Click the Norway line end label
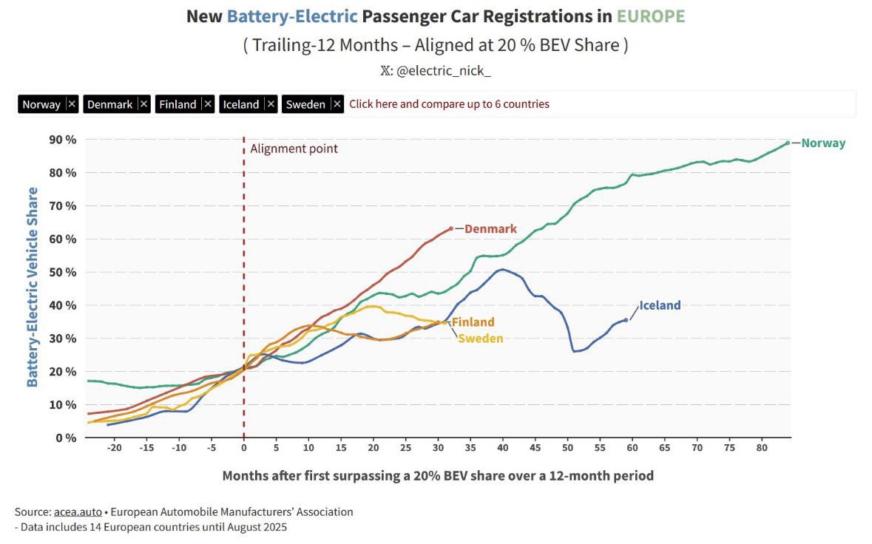[x=823, y=143]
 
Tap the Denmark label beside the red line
[x=490, y=229]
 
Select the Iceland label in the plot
[x=660, y=305]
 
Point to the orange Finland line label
[x=473, y=322]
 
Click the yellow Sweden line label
[x=481, y=339]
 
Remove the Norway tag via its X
[x=71, y=104]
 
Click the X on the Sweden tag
[x=337, y=104]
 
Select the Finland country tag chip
[x=178, y=104]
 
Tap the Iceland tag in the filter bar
[x=241, y=104]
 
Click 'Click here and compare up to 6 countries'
[x=449, y=104]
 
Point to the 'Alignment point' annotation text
[x=294, y=149]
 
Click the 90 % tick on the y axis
[x=62, y=140]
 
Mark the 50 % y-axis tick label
[x=62, y=272]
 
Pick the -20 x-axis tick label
[x=114, y=449]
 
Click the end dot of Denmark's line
[x=450, y=228]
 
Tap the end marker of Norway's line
[x=788, y=143]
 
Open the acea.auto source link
[x=78, y=511]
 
